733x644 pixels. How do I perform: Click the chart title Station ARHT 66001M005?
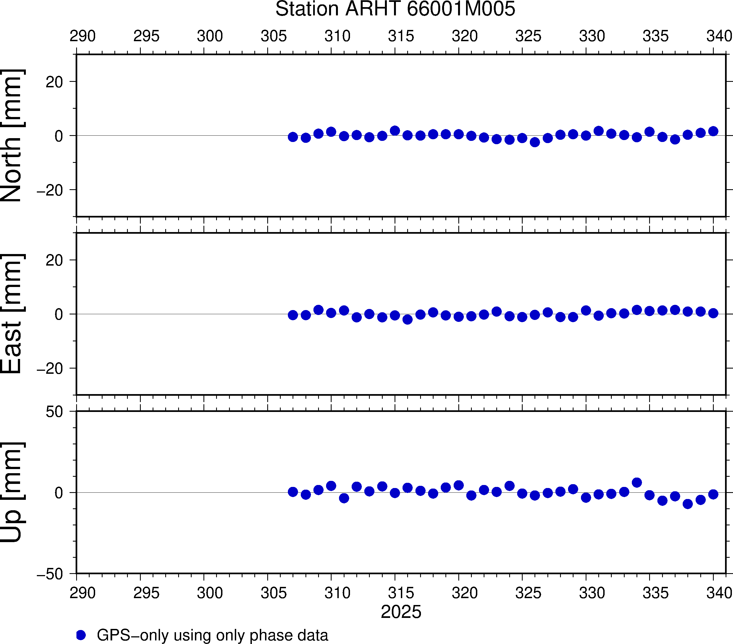[x=395, y=9]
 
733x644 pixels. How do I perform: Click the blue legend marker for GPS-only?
[x=81, y=635]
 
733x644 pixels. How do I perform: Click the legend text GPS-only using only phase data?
[x=212, y=635]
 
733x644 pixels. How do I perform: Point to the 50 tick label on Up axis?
[x=54, y=412]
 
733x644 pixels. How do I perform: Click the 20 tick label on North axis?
[x=54, y=82]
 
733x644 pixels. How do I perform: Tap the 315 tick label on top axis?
[x=401, y=36]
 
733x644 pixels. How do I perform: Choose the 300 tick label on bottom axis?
[x=210, y=593]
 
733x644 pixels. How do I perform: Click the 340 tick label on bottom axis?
[x=719, y=593]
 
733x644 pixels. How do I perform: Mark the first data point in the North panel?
[x=293, y=137]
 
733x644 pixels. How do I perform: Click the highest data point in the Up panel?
[x=637, y=483]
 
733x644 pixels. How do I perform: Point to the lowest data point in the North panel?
[x=535, y=142]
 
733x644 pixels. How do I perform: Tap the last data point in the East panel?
[x=713, y=313]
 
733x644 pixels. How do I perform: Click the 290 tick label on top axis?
[x=82, y=36]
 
